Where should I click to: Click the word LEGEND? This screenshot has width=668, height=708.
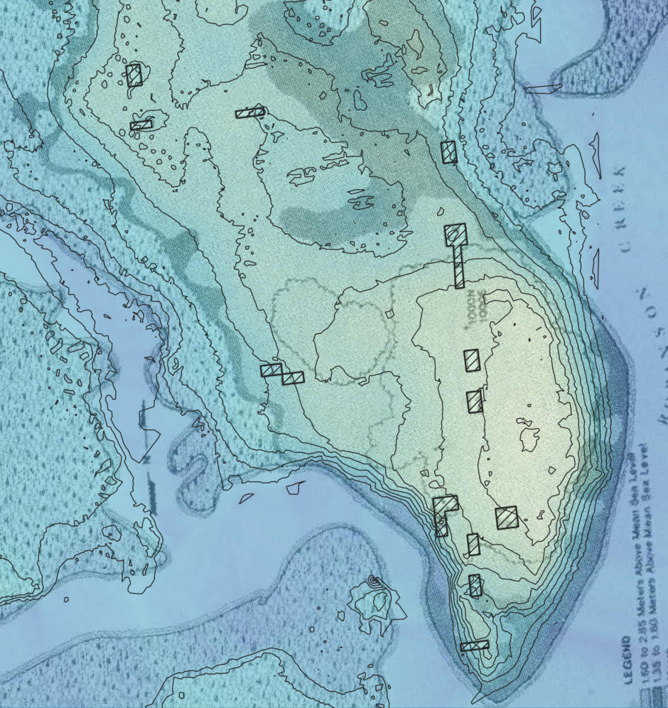[629, 660]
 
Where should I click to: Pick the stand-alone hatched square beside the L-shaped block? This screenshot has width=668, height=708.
[507, 517]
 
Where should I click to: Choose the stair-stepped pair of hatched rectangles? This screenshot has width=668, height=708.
[282, 374]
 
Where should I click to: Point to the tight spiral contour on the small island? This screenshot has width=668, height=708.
[375, 582]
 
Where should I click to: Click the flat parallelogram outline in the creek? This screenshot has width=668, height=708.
[543, 88]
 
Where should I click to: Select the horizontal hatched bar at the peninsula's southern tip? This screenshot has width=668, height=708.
[474, 646]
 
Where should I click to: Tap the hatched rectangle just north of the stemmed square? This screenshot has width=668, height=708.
[448, 152]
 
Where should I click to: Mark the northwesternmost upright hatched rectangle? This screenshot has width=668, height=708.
[134, 75]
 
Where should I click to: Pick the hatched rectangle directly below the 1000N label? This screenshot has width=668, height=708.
[472, 360]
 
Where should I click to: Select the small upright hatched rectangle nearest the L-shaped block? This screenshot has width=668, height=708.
[473, 545]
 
